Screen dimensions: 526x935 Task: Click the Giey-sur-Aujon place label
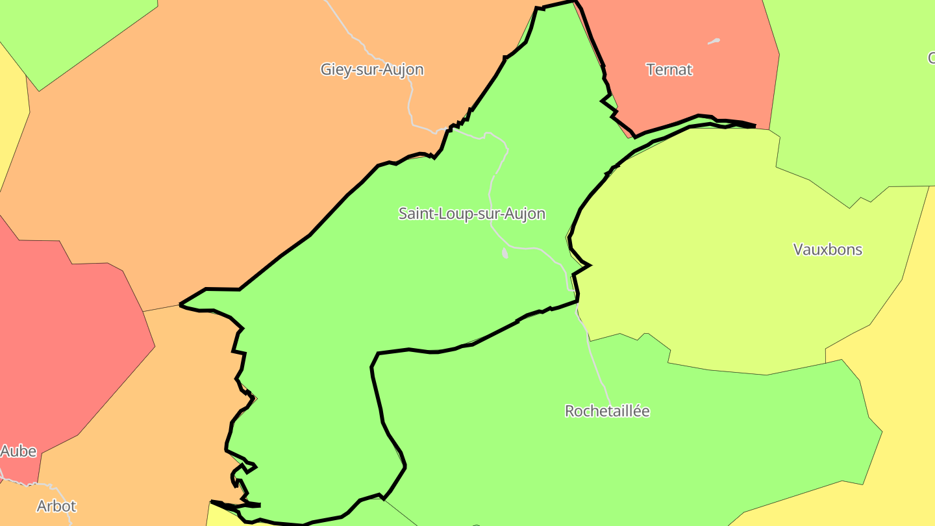[x=372, y=69]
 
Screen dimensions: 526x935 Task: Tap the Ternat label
[x=669, y=69]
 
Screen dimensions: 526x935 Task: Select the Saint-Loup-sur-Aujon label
[x=472, y=214]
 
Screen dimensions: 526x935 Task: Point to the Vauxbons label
[x=828, y=249]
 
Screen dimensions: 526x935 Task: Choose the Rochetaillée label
[x=607, y=411]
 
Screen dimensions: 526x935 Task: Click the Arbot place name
[x=56, y=506]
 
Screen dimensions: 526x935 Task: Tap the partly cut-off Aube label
[x=18, y=451]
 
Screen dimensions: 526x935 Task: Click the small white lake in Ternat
[x=714, y=42]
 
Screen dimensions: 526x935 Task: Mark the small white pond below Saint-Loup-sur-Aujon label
[x=505, y=254]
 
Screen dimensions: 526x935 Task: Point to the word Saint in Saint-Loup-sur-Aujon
[x=416, y=214]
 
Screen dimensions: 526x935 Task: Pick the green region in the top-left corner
[x=71, y=32]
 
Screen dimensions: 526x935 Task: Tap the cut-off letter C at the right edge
[x=931, y=58]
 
